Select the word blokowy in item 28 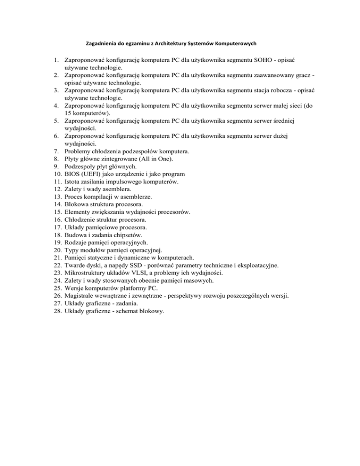click(150, 310)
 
